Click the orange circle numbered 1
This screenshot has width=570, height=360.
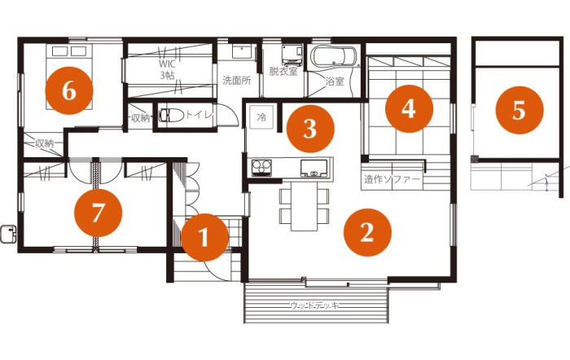click(x=204, y=237)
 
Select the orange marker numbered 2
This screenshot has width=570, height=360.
click(x=367, y=232)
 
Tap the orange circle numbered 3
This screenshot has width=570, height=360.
click(x=310, y=129)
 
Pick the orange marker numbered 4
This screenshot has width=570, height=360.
click(x=409, y=108)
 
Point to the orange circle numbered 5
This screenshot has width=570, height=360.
click(x=520, y=110)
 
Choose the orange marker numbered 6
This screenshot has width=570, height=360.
click(x=69, y=90)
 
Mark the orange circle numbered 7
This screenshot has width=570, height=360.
click(x=98, y=213)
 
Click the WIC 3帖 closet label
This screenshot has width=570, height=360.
click(x=167, y=70)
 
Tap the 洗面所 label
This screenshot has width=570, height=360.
click(x=237, y=81)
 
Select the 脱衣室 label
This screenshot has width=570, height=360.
click(x=283, y=71)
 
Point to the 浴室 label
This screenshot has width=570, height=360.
click(x=335, y=81)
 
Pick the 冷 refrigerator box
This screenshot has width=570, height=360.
click(x=261, y=117)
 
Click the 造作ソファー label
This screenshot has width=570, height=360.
click(x=392, y=179)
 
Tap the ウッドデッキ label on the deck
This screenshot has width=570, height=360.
click(x=315, y=305)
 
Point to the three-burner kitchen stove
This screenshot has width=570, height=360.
click(x=261, y=168)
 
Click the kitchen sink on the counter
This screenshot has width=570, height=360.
click(x=314, y=168)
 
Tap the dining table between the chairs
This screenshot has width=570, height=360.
click(x=304, y=206)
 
